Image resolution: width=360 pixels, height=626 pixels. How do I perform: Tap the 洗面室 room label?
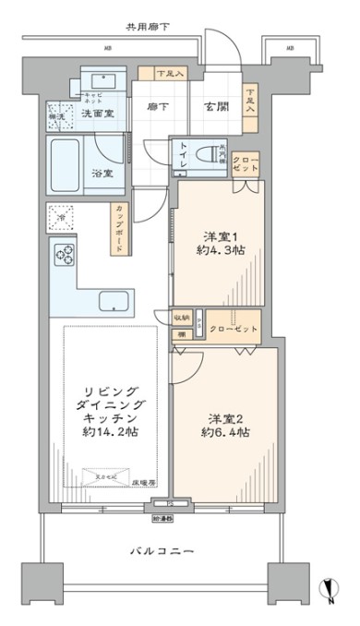click(97, 114)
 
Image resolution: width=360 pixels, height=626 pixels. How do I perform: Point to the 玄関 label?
click(216, 106)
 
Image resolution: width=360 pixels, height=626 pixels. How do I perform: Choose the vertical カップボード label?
click(122, 223)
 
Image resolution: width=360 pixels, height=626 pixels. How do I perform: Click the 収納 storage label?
click(184, 316)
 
